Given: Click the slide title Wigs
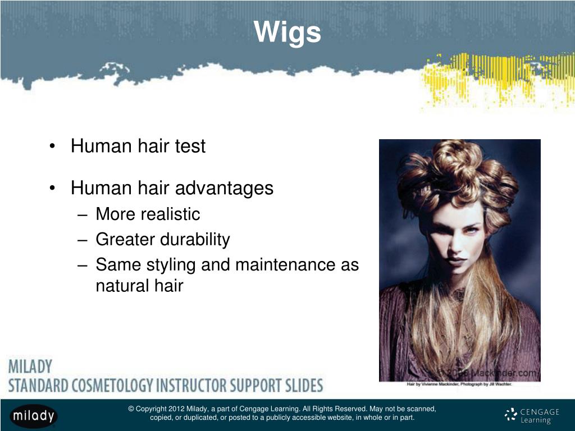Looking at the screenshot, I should tap(287, 32).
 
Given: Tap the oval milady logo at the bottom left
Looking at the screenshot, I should tap(34, 416).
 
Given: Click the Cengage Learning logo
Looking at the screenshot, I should tap(532, 415).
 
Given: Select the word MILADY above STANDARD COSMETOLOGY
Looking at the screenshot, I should tap(30, 368).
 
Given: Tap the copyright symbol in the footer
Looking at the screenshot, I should tap(131, 409).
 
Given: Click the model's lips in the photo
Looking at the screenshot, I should tap(456, 262).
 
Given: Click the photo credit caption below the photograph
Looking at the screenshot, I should tap(459, 384).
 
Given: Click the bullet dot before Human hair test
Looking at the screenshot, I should tap(52, 147).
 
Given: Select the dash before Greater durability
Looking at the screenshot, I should tap(83, 240).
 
